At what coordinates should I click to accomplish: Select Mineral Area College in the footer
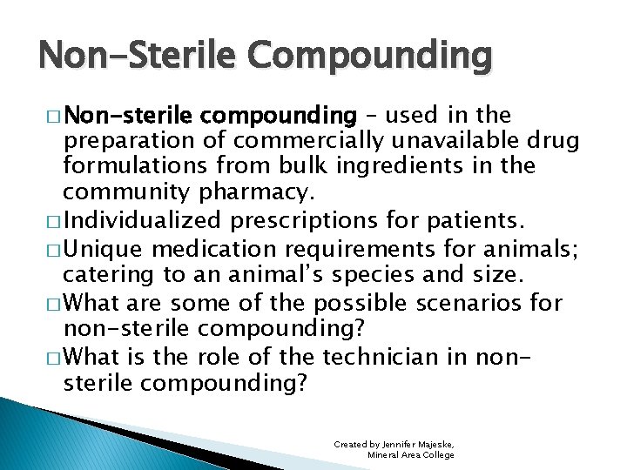[411, 454]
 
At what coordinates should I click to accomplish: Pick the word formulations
[130, 165]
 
